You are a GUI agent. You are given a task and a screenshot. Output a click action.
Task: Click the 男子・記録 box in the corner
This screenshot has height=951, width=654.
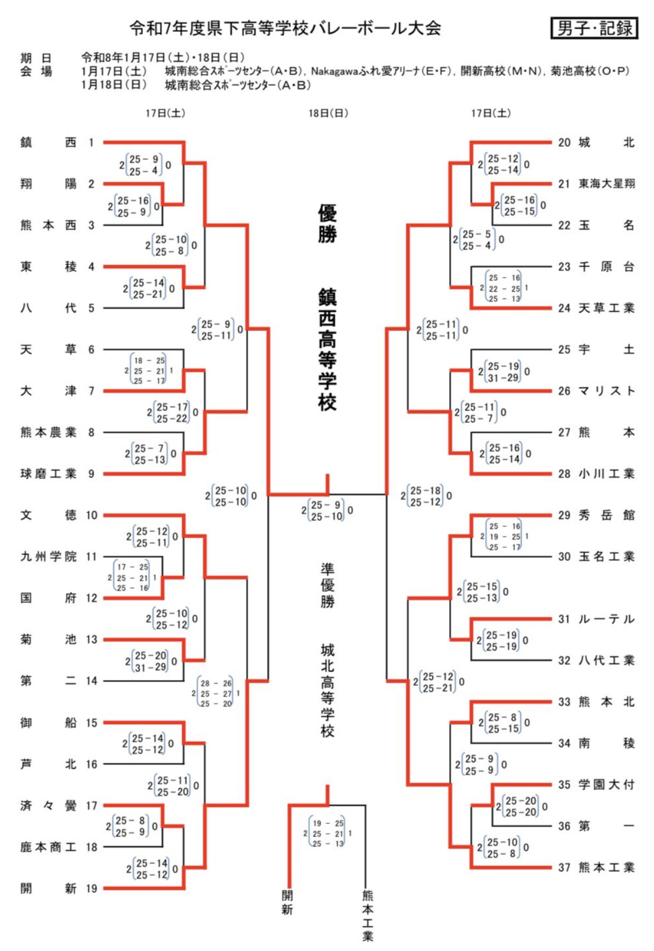(x=594, y=28)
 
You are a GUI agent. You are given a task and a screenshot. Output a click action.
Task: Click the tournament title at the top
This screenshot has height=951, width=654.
(x=285, y=28)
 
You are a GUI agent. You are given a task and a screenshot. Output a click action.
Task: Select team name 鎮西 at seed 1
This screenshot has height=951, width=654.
(x=48, y=142)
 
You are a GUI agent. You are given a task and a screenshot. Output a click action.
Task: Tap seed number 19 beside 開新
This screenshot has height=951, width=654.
(x=91, y=888)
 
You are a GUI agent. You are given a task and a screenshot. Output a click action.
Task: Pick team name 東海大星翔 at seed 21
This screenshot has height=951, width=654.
(x=606, y=184)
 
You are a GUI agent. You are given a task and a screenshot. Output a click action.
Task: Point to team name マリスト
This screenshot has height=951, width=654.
(x=606, y=391)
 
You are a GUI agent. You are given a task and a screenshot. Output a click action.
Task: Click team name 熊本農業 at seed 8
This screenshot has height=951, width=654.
(x=48, y=432)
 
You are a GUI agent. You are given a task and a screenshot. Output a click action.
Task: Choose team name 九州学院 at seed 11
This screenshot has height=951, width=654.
(x=48, y=557)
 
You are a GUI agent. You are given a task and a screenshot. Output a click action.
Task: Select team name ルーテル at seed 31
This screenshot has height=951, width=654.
(x=606, y=619)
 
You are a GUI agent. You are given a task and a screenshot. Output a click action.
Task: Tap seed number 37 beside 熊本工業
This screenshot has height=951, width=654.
(x=564, y=867)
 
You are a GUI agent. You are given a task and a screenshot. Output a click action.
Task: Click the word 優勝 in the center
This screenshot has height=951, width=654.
(x=328, y=224)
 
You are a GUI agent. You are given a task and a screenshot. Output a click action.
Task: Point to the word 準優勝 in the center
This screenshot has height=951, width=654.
(x=328, y=585)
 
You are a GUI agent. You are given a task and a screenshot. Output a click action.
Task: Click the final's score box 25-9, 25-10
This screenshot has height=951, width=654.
(x=326, y=511)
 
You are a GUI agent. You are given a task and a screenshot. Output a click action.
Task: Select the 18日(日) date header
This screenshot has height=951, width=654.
(x=328, y=113)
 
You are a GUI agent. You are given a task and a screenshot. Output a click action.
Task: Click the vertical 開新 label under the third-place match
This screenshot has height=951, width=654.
(x=288, y=902)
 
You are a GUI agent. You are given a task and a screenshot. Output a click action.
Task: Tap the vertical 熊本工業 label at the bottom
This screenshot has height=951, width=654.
(x=368, y=915)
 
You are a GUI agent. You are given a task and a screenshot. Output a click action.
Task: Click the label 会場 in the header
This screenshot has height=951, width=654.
(x=36, y=71)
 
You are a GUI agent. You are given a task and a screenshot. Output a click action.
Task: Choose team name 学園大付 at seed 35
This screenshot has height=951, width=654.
(x=606, y=784)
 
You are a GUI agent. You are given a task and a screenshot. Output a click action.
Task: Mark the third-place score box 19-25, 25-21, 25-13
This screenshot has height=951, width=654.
(x=328, y=833)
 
